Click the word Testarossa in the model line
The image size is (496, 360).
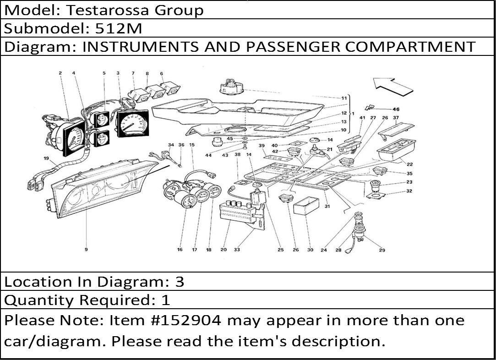(107, 10)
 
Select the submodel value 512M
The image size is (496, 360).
(119, 28)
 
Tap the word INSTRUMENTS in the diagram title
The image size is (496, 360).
(141, 47)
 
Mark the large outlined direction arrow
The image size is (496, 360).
(393, 86)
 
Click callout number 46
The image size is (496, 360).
(396, 109)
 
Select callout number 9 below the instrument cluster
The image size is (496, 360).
(86, 250)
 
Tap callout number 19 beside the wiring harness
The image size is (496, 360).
(47, 158)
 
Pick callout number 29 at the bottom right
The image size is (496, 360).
(382, 250)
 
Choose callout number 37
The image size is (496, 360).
(396, 118)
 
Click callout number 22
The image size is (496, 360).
(409, 164)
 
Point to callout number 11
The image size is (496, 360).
(344, 98)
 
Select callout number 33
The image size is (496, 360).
(237, 250)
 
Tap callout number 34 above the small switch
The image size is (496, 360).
(171, 145)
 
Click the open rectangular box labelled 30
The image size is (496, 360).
(306, 206)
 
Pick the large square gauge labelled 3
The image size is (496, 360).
(133, 123)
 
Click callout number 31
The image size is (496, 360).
(327, 206)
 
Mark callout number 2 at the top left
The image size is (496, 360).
(60, 73)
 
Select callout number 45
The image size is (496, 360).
(230, 139)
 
